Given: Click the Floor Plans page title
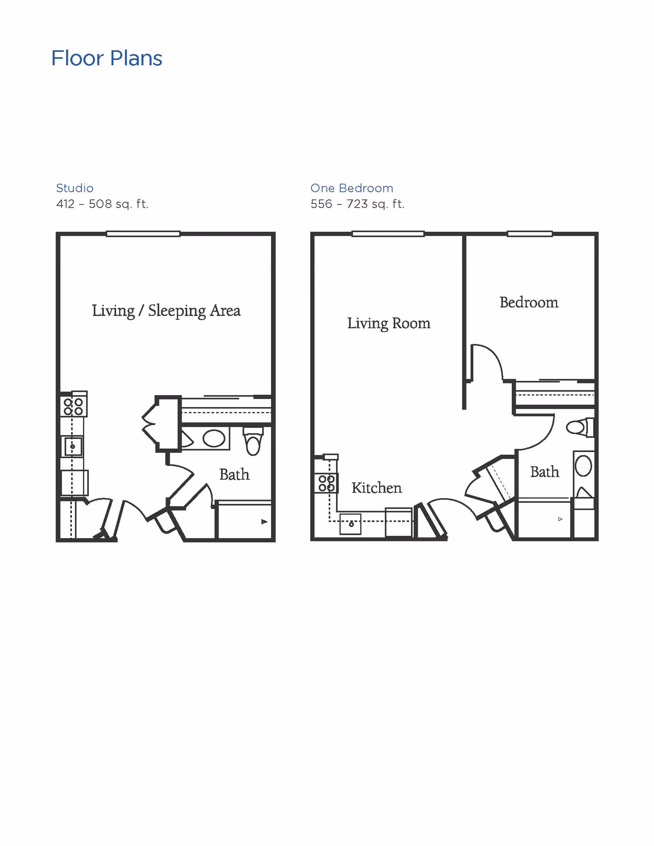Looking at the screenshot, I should point(107,58).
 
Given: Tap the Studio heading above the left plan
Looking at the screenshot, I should point(75,188).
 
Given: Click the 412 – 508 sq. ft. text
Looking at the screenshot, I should point(102,204).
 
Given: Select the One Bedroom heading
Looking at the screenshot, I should point(352,188).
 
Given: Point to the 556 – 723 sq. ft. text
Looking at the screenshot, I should point(357,204).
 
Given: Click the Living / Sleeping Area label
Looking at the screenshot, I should point(166,311).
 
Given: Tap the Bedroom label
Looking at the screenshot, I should point(529,302).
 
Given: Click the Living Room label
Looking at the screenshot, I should point(389,323).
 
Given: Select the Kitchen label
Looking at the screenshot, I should point(376,488).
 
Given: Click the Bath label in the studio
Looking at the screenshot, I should point(234,474).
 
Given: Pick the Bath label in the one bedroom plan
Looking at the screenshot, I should point(544,472).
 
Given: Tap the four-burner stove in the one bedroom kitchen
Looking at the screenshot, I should point(327,483).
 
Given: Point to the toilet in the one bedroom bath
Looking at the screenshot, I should point(578,428).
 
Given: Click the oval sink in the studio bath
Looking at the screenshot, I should point(214,439).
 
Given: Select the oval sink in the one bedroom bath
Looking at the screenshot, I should point(583,466).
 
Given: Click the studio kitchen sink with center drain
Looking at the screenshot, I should point(73,446).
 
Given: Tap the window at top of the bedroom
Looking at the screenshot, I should point(530,234).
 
